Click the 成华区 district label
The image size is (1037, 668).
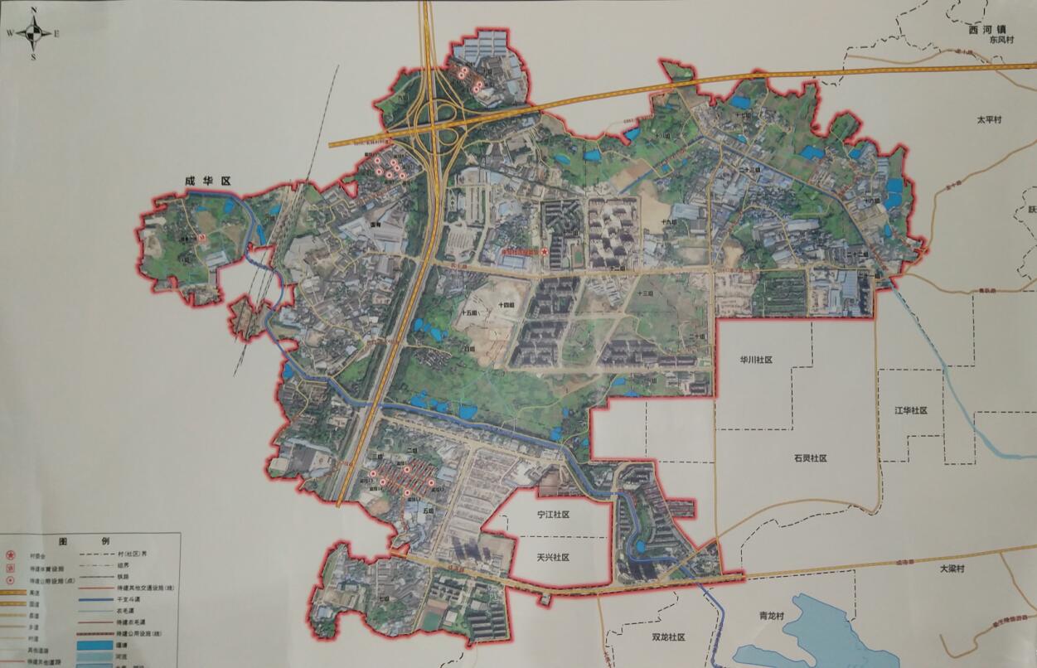tap(206, 180)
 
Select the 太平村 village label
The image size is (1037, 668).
tap(989, 120)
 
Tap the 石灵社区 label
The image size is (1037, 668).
tap(810, 458)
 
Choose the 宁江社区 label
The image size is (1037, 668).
tap(553, 515)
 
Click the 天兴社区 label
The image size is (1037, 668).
tap(553, 558)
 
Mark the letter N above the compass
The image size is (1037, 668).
tap(33, 11)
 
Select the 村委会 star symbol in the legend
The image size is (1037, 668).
tap(11, 556)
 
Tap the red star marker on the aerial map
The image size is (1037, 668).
tap(545, 251)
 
